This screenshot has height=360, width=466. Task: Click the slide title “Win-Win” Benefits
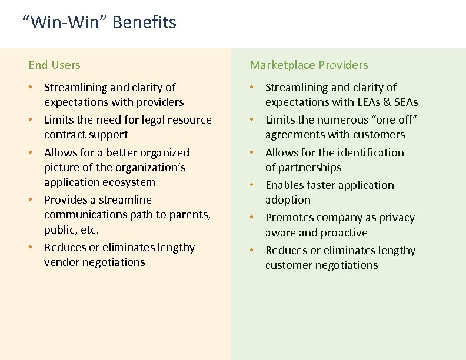(99, 22)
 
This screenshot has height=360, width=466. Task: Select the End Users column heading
(54, 65)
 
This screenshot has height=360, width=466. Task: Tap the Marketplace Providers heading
(308, 65)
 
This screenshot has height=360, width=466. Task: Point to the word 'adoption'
(288, 200)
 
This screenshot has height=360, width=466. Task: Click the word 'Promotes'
(289, 218)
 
